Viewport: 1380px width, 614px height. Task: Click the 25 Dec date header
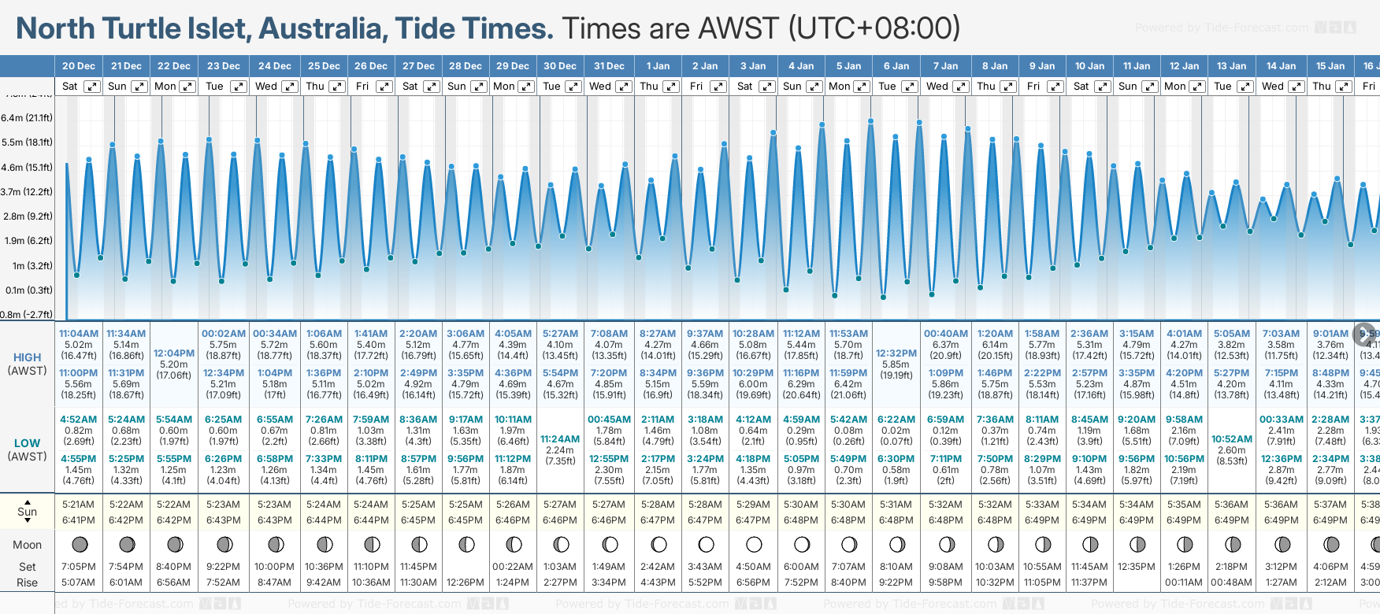[324, 66]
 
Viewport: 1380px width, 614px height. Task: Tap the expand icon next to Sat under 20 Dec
[92, 87]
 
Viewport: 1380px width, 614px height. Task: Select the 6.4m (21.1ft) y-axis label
[27, 118]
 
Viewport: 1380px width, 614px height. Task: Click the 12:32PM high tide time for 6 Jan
[896, 353]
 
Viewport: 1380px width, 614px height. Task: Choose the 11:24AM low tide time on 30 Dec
[560, 439]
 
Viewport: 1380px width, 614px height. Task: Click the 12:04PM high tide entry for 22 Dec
[174, 353]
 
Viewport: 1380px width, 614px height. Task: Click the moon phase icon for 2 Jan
[706, 544]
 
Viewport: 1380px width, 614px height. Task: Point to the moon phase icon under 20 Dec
[79, 544]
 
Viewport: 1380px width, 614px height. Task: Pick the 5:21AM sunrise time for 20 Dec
[79, 505]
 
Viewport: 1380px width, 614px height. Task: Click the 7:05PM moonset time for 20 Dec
[79, 567]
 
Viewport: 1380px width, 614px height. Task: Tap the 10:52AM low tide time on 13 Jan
[1232, 439]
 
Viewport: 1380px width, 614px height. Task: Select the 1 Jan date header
[658, 66]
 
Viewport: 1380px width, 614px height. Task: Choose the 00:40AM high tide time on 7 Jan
[945, 334]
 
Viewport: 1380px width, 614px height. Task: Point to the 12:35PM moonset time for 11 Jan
[1137, 567]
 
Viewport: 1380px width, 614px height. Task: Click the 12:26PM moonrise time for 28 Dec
[466, 583]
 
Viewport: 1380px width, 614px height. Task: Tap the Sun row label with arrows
[27, 511]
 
